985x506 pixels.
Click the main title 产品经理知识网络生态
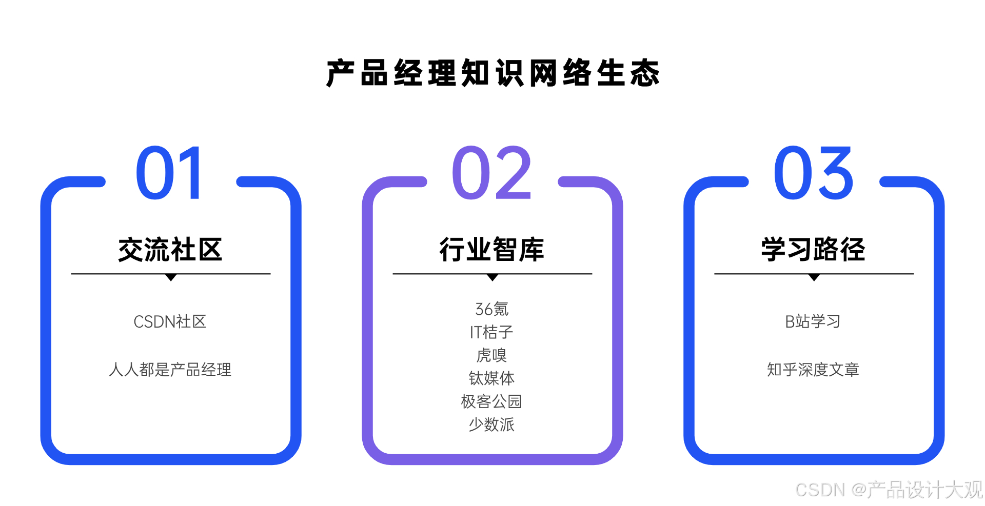[493, 73]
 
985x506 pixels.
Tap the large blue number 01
[170, 173]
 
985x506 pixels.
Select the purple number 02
[491, 173]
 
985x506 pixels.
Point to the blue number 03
[813, 173]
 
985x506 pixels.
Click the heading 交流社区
[170, 250]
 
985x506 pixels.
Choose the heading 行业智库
[491, 250]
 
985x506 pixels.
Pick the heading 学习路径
[813, 250]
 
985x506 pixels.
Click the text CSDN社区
[170, 321]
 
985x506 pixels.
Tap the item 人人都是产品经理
[170, 369]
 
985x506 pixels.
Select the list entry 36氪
[491, 309]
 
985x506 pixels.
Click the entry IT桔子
[491, 332]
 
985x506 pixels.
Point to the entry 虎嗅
[491, 355]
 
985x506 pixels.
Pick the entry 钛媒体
[491, 378]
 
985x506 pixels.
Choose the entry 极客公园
[491, 401]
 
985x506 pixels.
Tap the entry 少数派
[491, 424]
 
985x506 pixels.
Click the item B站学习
[813, 321]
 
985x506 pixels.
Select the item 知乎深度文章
[813, 369]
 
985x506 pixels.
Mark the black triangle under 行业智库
[493, 277]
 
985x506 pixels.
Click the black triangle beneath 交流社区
[171, 277]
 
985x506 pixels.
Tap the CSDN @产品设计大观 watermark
[889, 490]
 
